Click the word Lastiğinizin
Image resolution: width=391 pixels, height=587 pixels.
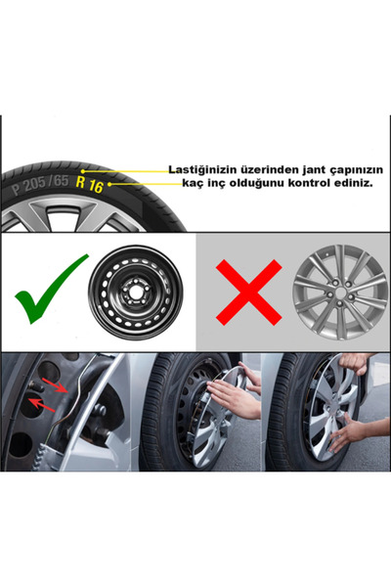(x=203, y=169)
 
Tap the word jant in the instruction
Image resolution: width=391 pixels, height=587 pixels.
(x=306, y=169)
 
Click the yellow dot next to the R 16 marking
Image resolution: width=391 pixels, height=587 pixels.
(x=109, y=183)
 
